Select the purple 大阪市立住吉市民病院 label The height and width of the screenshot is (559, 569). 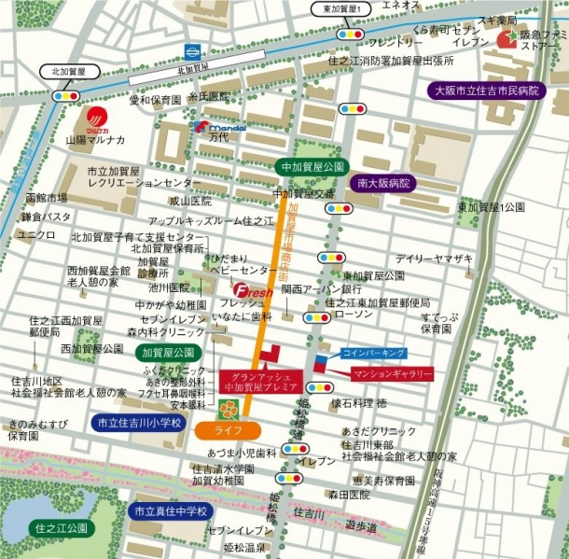[x=495, y=91]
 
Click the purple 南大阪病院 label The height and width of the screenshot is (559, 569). [x=383, y=184]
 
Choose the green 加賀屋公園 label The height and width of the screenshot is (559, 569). [x=169, y=353]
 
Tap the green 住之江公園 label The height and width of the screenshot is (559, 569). [x=61, y=528]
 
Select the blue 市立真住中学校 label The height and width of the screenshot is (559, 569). [x=170, y=511]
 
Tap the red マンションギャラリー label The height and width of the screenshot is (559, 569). [x=393, y=373]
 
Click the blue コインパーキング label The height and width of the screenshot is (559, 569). [x=373, y=353]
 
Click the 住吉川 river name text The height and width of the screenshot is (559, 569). [x=308, y=512]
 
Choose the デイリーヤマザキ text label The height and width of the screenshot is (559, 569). [x=434, y=258]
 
